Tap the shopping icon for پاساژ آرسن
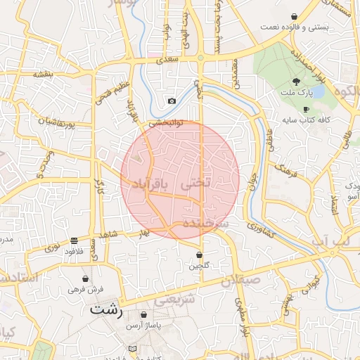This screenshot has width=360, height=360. coord(144,315)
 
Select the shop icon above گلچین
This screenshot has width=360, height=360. coord(199,255)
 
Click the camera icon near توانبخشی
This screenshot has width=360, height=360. coord(172,101)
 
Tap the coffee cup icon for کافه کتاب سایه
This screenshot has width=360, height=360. coord(306,109)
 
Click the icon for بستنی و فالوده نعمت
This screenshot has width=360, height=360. coord(294,16)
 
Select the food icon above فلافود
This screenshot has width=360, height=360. coord(75,240)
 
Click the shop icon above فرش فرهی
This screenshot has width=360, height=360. coord(86,278)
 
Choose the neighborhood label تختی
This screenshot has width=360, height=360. coord(196,182)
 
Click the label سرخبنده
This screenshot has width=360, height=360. coord(207,222)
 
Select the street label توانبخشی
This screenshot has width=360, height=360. coord(165,122)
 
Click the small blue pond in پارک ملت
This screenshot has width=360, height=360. coord(316,92)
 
